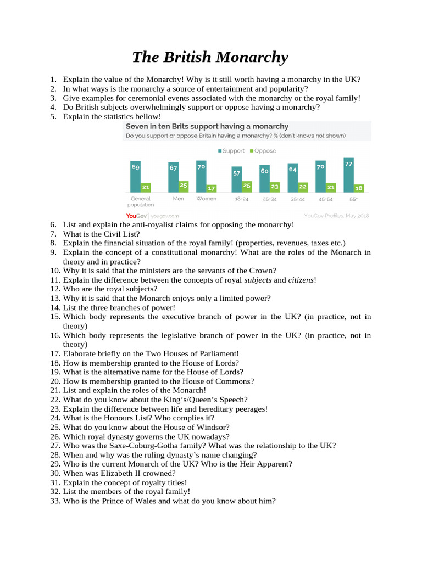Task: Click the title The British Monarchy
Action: (x=210, y=57)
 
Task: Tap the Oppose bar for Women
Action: (x=212, y=188)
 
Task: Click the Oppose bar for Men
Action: (x=184, y=186)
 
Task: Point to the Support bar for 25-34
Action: (x=264, y=179)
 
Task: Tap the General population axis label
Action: (x=141, y=201)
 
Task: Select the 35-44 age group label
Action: (x=297, y=199)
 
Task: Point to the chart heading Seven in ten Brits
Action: (x=207, y=126)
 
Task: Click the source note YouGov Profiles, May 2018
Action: (x=336, y=216)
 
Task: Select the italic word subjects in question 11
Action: (x=258, y=280)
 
